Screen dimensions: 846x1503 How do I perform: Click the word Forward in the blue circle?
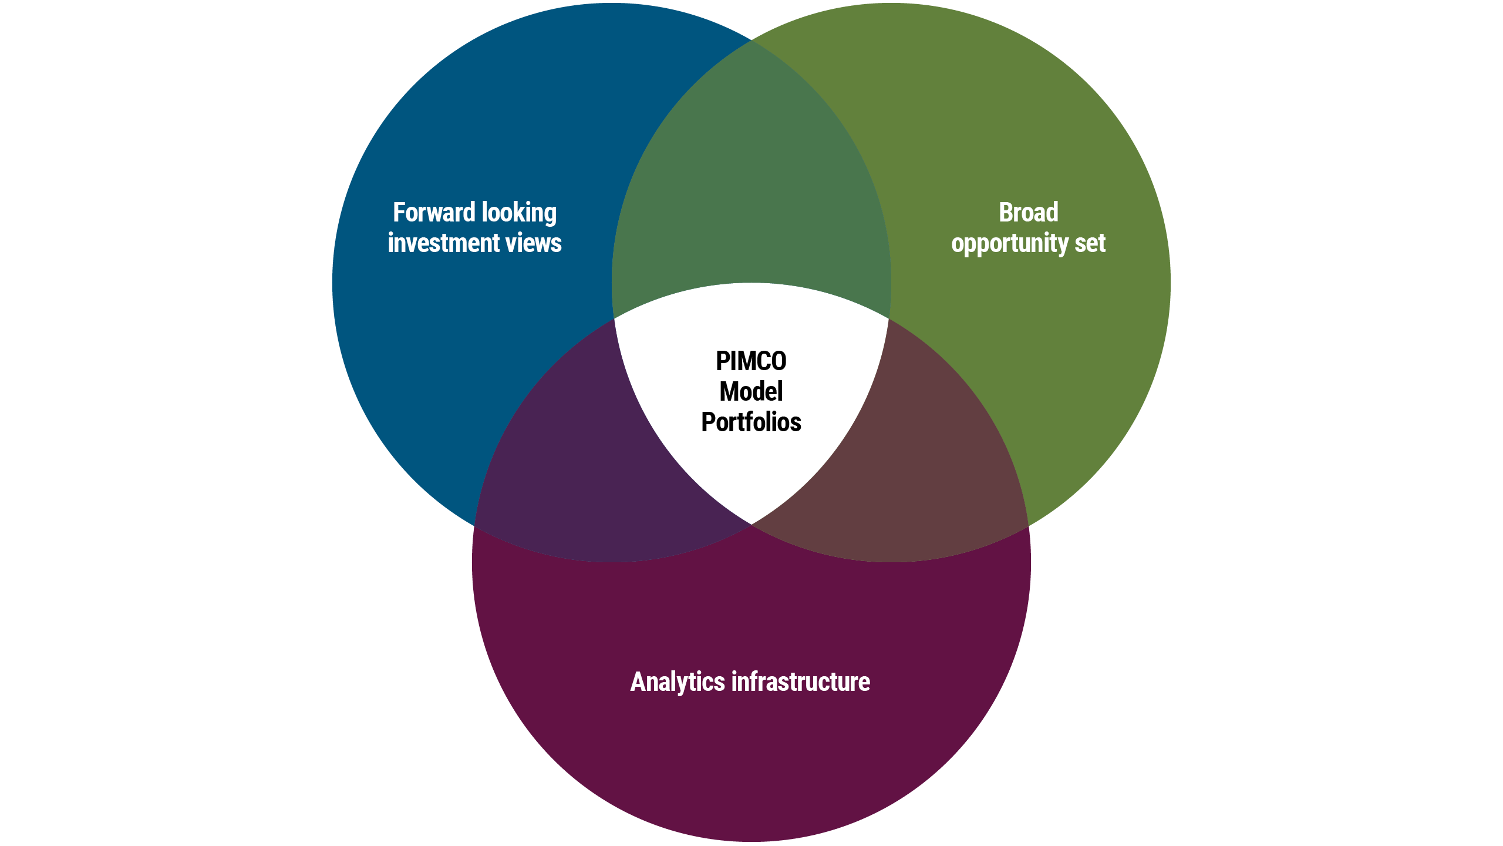point(433,213)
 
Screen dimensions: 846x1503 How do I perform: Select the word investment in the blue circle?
point(443,243)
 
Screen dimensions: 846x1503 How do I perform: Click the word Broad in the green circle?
point(1029,213)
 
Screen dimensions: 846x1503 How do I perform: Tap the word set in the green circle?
point(1090,243)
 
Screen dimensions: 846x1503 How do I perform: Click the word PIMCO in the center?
point(751,361)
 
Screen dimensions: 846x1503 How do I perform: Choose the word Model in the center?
point(751,392)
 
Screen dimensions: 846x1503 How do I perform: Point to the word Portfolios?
point(751,422)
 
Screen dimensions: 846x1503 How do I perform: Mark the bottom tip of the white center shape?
point(751,522)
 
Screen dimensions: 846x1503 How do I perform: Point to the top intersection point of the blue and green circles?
point(751,40)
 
